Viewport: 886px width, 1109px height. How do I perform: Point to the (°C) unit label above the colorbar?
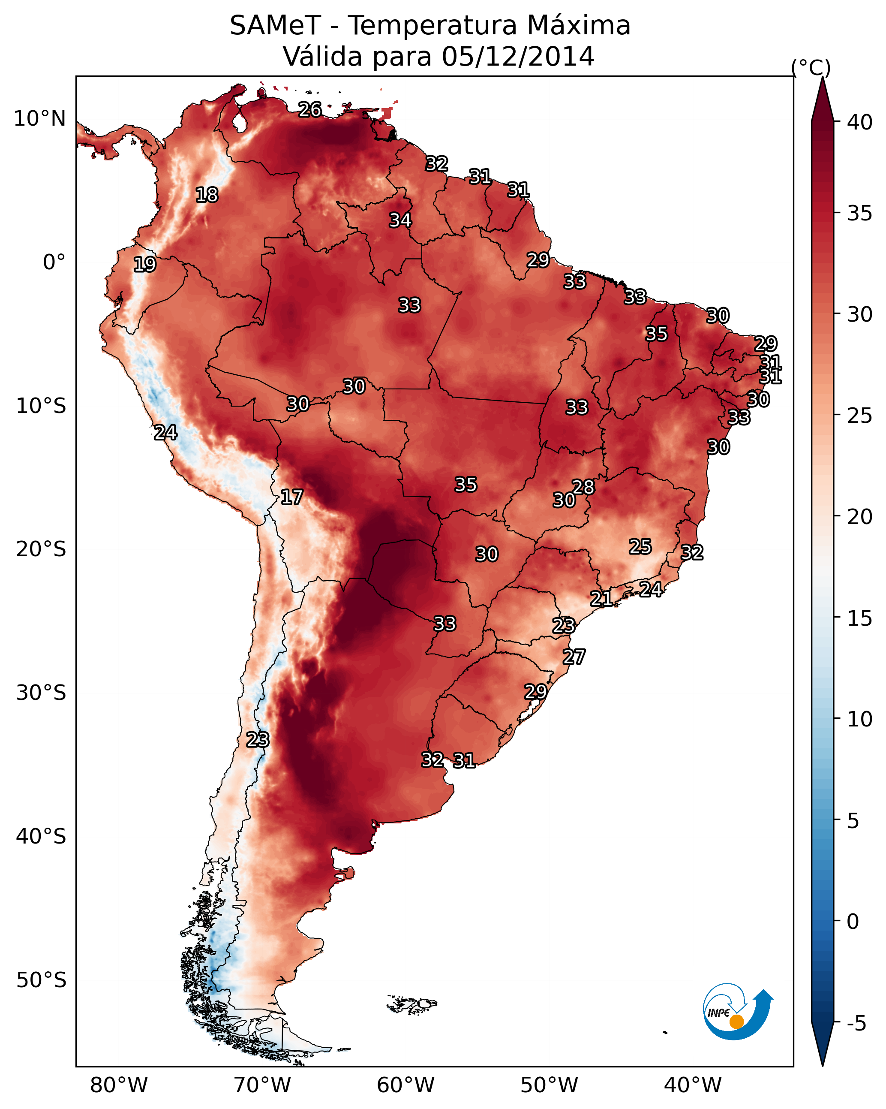coord(811,67)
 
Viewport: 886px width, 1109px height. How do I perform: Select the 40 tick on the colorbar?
coord(860,122)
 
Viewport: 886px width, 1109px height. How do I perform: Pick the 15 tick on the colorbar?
coord(860,618)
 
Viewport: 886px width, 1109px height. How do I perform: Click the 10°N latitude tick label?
coord(39,119)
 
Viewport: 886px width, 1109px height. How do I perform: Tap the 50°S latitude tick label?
coord(41,980)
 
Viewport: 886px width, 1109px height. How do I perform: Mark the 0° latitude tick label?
coord(54,262)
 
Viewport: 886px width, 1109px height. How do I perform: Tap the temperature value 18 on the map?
coord(207,195)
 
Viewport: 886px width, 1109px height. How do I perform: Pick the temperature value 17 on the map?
coord(291,497)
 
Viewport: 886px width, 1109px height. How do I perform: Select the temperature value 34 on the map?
coord(400,220)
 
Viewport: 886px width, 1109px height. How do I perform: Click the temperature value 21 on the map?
coord(601,598)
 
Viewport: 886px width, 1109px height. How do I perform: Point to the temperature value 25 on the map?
coord(640,546)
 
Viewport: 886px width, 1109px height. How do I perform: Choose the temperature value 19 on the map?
coord(144,265)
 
